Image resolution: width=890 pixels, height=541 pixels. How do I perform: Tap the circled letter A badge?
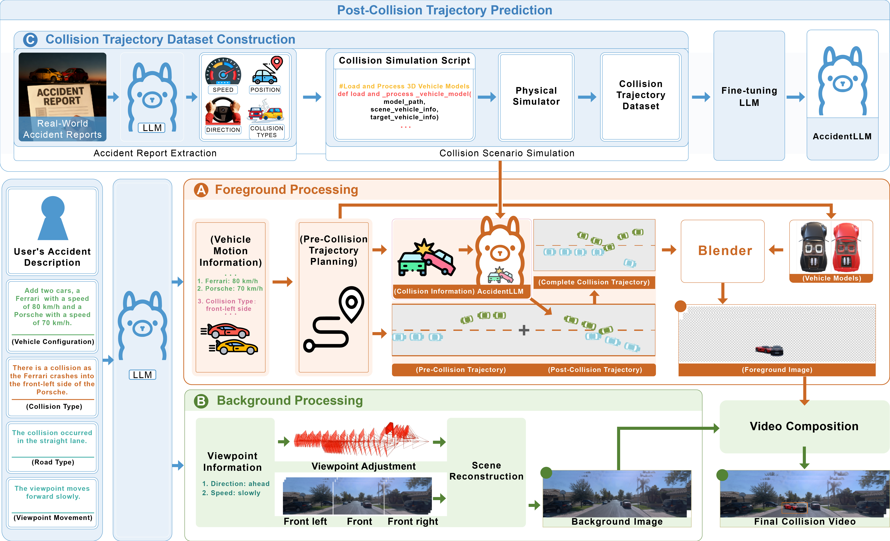click(201, 190)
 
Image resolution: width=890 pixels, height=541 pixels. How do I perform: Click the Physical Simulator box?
click(536, 97)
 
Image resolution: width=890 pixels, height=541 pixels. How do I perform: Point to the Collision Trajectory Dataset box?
click(641, 97)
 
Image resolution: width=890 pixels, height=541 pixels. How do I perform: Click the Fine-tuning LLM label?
click(749, 97)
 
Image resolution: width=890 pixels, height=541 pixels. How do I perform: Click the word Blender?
click(725, 250)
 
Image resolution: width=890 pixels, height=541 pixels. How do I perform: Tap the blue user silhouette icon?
click(53, 218)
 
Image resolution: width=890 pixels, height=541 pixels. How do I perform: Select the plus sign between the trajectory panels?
click(524, 330)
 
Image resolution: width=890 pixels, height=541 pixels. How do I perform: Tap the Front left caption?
click(305, 521)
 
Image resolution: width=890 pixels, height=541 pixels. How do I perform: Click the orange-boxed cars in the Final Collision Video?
click(794, 508)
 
